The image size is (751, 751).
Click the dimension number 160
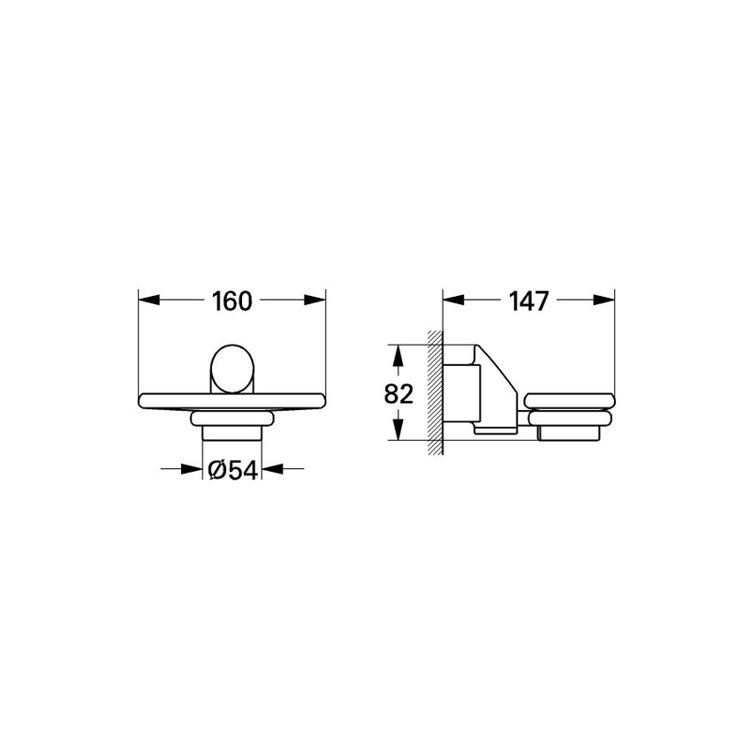[x=232, y=301]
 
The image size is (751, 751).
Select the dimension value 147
[x=530, y=301]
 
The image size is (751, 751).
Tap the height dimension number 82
[x=399, y=394]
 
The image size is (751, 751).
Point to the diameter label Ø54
[x=232, y=471]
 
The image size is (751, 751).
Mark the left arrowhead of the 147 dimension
[x=453, y=300]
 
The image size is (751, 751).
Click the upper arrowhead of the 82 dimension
[x=399, y=356]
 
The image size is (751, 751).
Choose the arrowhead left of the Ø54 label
[x=192, y=470]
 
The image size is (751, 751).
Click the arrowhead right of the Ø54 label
[x=273, y=470]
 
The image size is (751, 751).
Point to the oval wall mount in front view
[x=232, y=368]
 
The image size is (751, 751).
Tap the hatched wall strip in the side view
[x=434, y=393]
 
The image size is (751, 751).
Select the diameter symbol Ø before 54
[x=216, y=471]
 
